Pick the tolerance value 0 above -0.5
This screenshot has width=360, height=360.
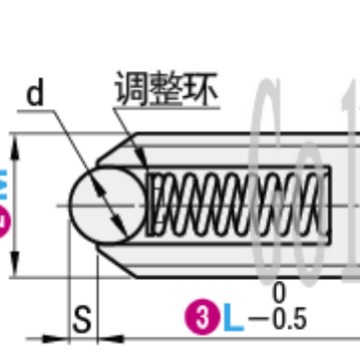tap(279, 292)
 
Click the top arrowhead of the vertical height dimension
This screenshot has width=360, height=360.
tap(14, 146)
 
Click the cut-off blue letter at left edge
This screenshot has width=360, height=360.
tap(4, 186)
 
